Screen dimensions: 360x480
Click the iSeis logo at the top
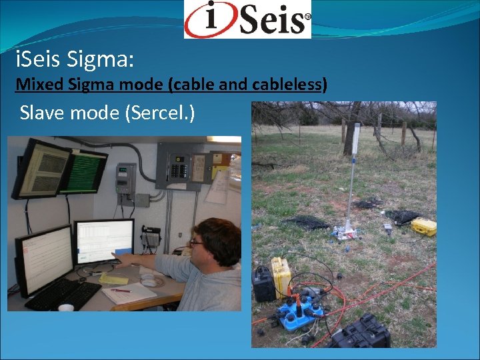247,19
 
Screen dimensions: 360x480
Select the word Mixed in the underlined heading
34,85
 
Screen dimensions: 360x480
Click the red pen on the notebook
121,291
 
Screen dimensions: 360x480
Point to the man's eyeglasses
196,243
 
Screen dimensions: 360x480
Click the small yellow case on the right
423,227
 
